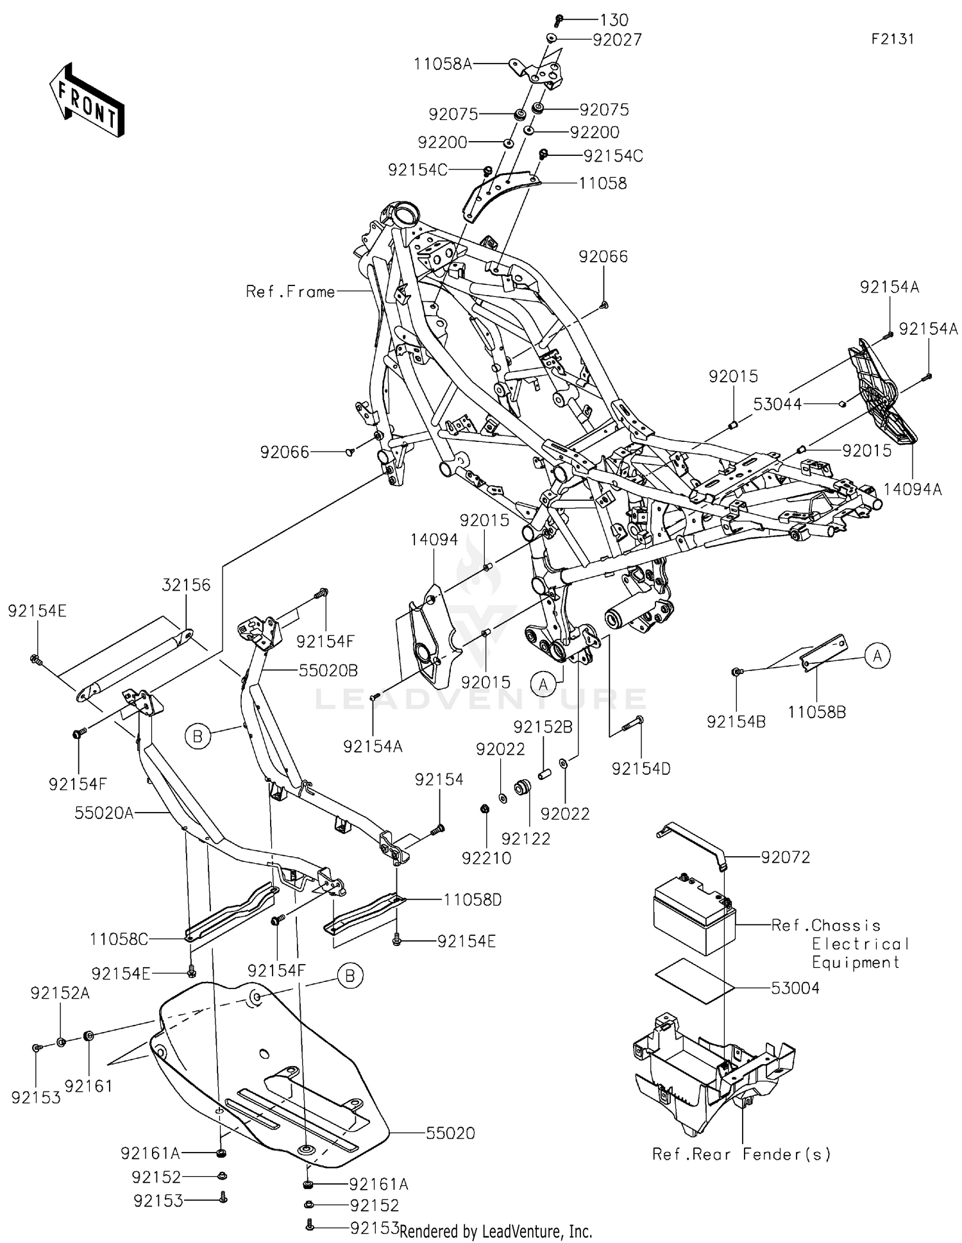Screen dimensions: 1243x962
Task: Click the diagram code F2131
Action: [892, 39]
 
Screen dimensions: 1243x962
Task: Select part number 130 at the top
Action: [614, 20]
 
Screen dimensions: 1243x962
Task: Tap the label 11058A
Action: [443, 63]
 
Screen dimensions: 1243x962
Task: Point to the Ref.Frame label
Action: [290, 292]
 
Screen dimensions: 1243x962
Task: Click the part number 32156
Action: [186, 584]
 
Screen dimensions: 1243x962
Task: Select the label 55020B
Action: [328, 670]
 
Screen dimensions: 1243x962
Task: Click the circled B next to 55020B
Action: [198, 737]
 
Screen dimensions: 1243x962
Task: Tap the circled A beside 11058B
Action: [877, 655]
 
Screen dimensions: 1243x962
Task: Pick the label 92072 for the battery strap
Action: [785, 857]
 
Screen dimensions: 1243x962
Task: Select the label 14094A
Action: [912, 489]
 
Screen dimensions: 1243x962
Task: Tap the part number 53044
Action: [777, 404]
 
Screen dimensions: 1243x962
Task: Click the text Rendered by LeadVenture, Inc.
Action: [495, 1231]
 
